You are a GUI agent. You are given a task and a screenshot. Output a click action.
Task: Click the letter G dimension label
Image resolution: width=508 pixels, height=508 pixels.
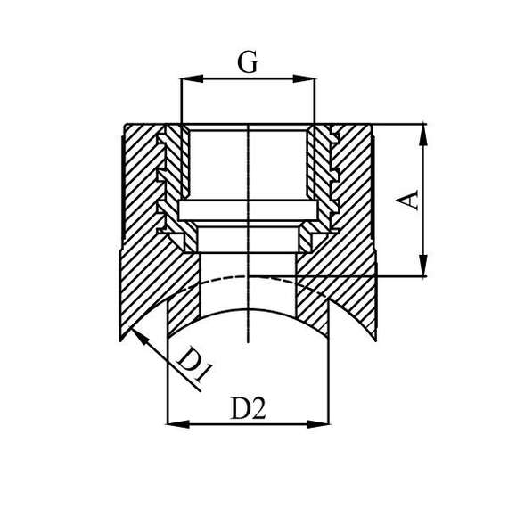pos(248,61)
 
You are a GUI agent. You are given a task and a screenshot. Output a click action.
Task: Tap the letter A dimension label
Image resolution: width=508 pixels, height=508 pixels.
pos(407,200)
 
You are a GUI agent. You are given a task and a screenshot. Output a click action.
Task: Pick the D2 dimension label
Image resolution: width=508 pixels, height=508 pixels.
pos(248,407)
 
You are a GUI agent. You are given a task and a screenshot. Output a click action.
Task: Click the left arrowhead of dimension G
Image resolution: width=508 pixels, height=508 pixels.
pos(192,78)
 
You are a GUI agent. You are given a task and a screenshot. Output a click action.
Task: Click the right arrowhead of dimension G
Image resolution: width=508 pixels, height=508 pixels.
pos(304,78)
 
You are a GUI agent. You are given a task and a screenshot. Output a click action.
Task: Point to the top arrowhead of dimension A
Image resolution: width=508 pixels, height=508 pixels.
pos(423,135)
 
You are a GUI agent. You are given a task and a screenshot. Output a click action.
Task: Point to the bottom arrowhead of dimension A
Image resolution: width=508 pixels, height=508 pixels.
pos(423,265)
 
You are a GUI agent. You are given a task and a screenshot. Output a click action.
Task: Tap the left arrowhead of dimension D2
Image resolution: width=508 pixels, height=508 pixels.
pos(178,423)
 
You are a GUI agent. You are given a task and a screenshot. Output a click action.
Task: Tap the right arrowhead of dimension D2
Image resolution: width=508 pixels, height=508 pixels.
pos(317,423)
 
